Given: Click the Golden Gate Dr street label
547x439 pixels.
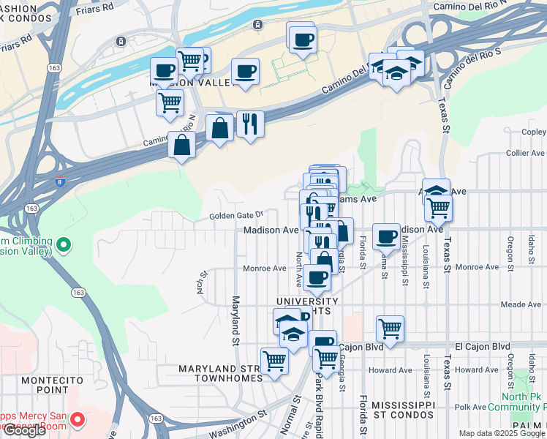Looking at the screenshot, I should pyautogui.click(x=235, y=215).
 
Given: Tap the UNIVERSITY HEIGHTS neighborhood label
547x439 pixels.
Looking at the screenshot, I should pyautogui.click(x=307, y=306).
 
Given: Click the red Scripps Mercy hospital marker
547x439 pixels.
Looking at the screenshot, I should pyautogui.click(x=80, y=419).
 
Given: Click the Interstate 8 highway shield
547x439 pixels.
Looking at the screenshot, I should pyautogui.click(x=61, y=179).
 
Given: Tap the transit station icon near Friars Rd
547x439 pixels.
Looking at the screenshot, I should pyautogui.click(x=257, y=24).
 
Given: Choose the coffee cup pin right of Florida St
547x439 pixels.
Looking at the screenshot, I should pyautogui.click(x=386, y=236).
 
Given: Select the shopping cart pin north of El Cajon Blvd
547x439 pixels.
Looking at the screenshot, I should pyautogui.click(x=390, y=329).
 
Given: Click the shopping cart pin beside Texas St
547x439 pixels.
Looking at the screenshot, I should pyautogui.click(x=438, y=209).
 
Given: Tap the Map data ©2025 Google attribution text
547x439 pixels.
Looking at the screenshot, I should pyautogui.click(x=502, y=433).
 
